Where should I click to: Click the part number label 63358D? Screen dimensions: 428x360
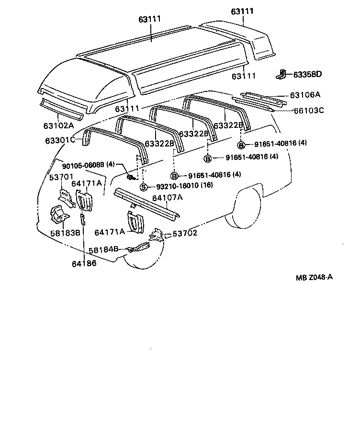click(x=307, y=74)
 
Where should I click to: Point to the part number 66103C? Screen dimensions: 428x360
click(x=308, y=110)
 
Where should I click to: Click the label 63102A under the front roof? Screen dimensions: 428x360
click(x=58, y=126)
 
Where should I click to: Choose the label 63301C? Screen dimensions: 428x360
click(x=60, y=140)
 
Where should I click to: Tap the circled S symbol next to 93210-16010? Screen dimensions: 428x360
click(x=143, y=186)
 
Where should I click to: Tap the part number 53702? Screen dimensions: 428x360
click(x=185, y=233)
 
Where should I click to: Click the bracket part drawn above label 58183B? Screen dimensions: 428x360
click(x=58, y=215)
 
